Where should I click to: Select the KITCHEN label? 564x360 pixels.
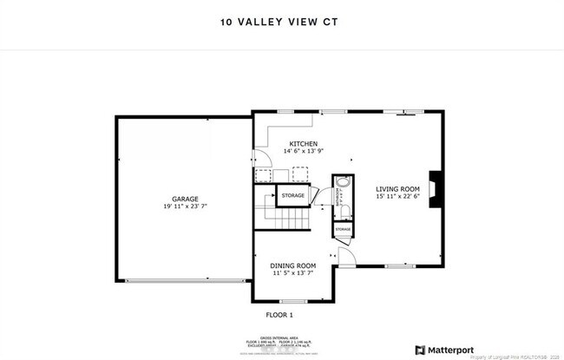coord(304,144)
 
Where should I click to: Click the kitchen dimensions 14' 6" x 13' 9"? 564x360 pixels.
coord(304,152)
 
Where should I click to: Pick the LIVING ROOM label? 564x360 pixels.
coord(397,188)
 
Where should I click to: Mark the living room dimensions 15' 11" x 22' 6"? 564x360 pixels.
coord(397,196)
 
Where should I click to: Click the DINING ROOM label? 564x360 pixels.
coord(292,265)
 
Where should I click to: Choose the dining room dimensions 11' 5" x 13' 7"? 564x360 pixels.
coord(292,273)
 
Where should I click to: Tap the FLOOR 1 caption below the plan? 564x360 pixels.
coord(279,314)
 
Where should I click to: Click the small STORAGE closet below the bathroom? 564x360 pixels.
coord(343,229)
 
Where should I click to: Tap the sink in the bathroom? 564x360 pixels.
coord(342,185)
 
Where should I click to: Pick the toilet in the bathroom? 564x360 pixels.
coord(344,211)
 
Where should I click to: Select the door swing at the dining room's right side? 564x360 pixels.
coord(346,257)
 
